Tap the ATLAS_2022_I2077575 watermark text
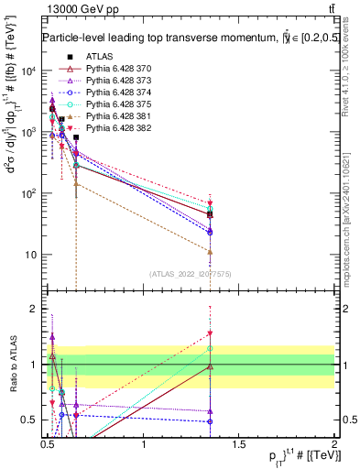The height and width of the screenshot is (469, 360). click(190, 274)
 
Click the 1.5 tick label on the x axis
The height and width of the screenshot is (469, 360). click(238, 444)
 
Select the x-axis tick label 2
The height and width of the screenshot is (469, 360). click(333, 444)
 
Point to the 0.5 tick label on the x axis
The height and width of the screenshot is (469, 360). click(48, 444)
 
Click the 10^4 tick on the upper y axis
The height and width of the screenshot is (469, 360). click(29, 71)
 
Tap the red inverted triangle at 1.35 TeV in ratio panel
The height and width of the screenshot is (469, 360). click(210, 333)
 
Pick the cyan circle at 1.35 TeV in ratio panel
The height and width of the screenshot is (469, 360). click(210, 348)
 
